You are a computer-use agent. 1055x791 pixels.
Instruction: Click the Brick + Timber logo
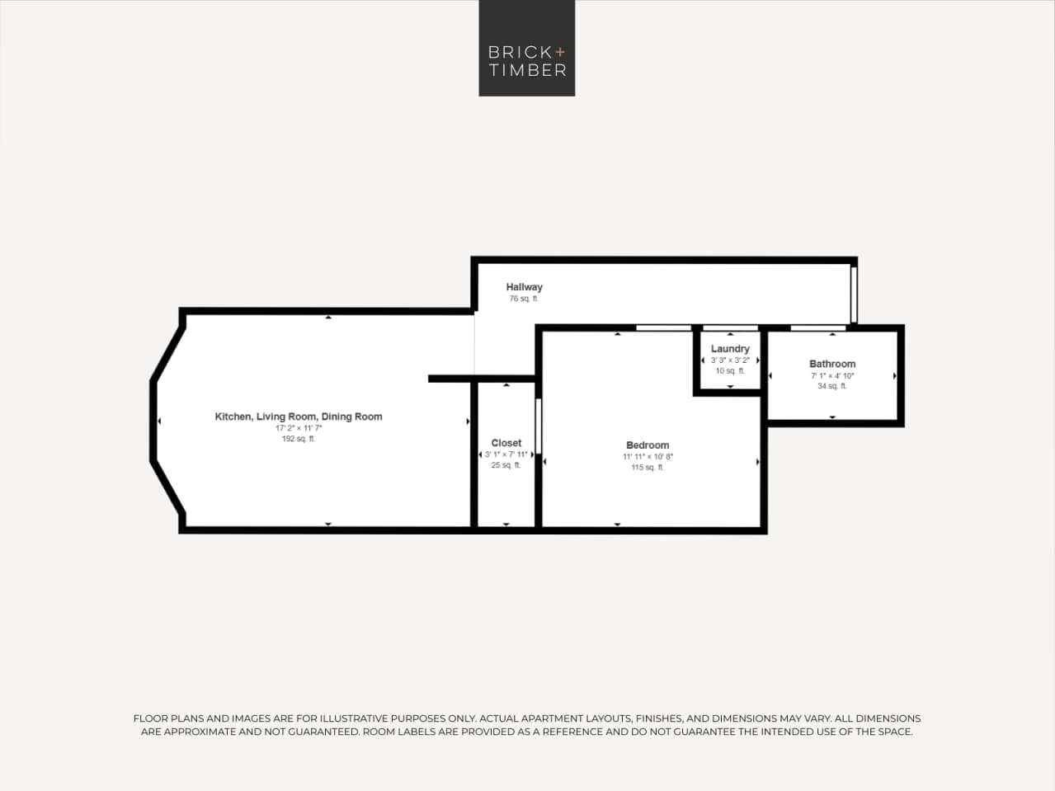point(526,48)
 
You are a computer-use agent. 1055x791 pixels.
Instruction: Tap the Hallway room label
point(525,287)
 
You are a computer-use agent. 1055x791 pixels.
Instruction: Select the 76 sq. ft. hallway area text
point(524,299)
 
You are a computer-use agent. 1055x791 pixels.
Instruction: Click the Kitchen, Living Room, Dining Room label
point(299,417)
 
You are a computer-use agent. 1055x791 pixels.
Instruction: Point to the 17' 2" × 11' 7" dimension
point(299,428)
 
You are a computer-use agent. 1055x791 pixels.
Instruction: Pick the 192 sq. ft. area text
point(299,439)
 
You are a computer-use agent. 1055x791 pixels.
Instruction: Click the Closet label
point(506,443)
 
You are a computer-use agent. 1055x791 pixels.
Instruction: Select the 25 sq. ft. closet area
point(506,465)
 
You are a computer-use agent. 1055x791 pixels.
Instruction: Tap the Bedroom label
point(648,445)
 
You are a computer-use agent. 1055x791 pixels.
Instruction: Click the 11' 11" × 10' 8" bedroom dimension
point(648,456)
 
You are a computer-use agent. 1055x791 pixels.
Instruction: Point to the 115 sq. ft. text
point(648,468)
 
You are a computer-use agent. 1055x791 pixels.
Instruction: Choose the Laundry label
point(730,349)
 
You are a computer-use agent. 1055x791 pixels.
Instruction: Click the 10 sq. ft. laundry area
point(730,371)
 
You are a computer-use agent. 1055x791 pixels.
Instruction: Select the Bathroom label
point(832,364)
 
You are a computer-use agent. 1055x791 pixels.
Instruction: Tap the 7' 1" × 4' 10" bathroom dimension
point(832,375)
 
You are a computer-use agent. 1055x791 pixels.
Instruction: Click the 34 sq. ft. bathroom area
point(832,386)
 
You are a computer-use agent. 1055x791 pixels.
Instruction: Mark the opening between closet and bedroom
point(538,426)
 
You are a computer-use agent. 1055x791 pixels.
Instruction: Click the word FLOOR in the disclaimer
point(150,718)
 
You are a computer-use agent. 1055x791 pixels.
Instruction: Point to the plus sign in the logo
point(561,51)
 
